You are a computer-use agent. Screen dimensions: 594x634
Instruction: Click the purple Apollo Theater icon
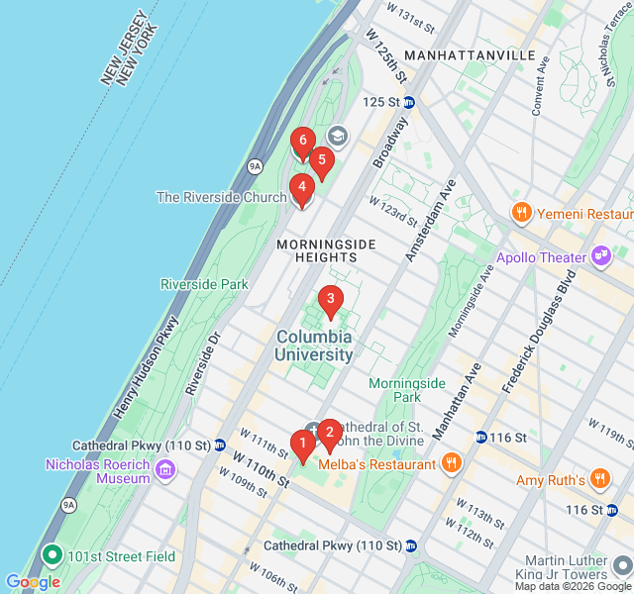click(x=601, y=257)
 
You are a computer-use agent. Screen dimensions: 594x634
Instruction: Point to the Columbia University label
click(x=314, y=346)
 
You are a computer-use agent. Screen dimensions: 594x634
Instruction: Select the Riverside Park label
click(x=204, y=284)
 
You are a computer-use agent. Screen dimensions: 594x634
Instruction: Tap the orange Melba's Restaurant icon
click(x=452, y=463)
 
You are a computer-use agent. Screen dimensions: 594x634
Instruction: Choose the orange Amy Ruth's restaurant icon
click(x=599, y=480)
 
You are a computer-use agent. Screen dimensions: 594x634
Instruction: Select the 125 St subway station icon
click(x=409, y=102)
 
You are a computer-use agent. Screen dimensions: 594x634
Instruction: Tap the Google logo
click(x=33, y=582)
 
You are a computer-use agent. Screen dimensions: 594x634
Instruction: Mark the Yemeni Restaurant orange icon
click(x=520, y=213)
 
